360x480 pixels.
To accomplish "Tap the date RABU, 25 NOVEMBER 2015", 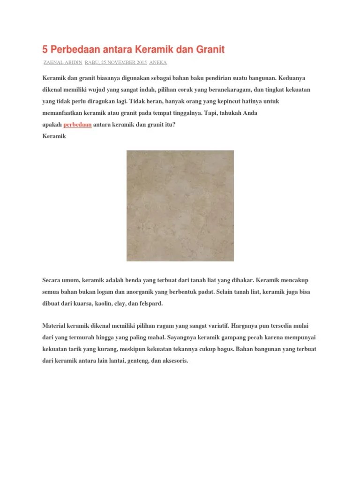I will tap(116, 62).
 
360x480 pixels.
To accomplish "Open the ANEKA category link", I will tap(158, 62).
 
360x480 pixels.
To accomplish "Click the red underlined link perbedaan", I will tap(77, 125).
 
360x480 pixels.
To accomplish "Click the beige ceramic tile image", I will tap(180, 206).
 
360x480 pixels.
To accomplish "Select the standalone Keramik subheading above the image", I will tap(54, 136).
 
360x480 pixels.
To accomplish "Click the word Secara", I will tap(52, 280).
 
